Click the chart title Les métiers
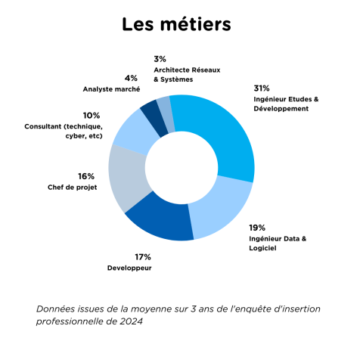176,24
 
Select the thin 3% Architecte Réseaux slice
167,113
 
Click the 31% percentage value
262,88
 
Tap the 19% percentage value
257,228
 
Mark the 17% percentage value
143,257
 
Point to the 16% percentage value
86,176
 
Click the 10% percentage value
92,116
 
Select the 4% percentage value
131,79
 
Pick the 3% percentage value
160,59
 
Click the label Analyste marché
111,89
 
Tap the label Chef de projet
73,188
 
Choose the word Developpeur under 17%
129,268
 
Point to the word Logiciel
262,248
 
